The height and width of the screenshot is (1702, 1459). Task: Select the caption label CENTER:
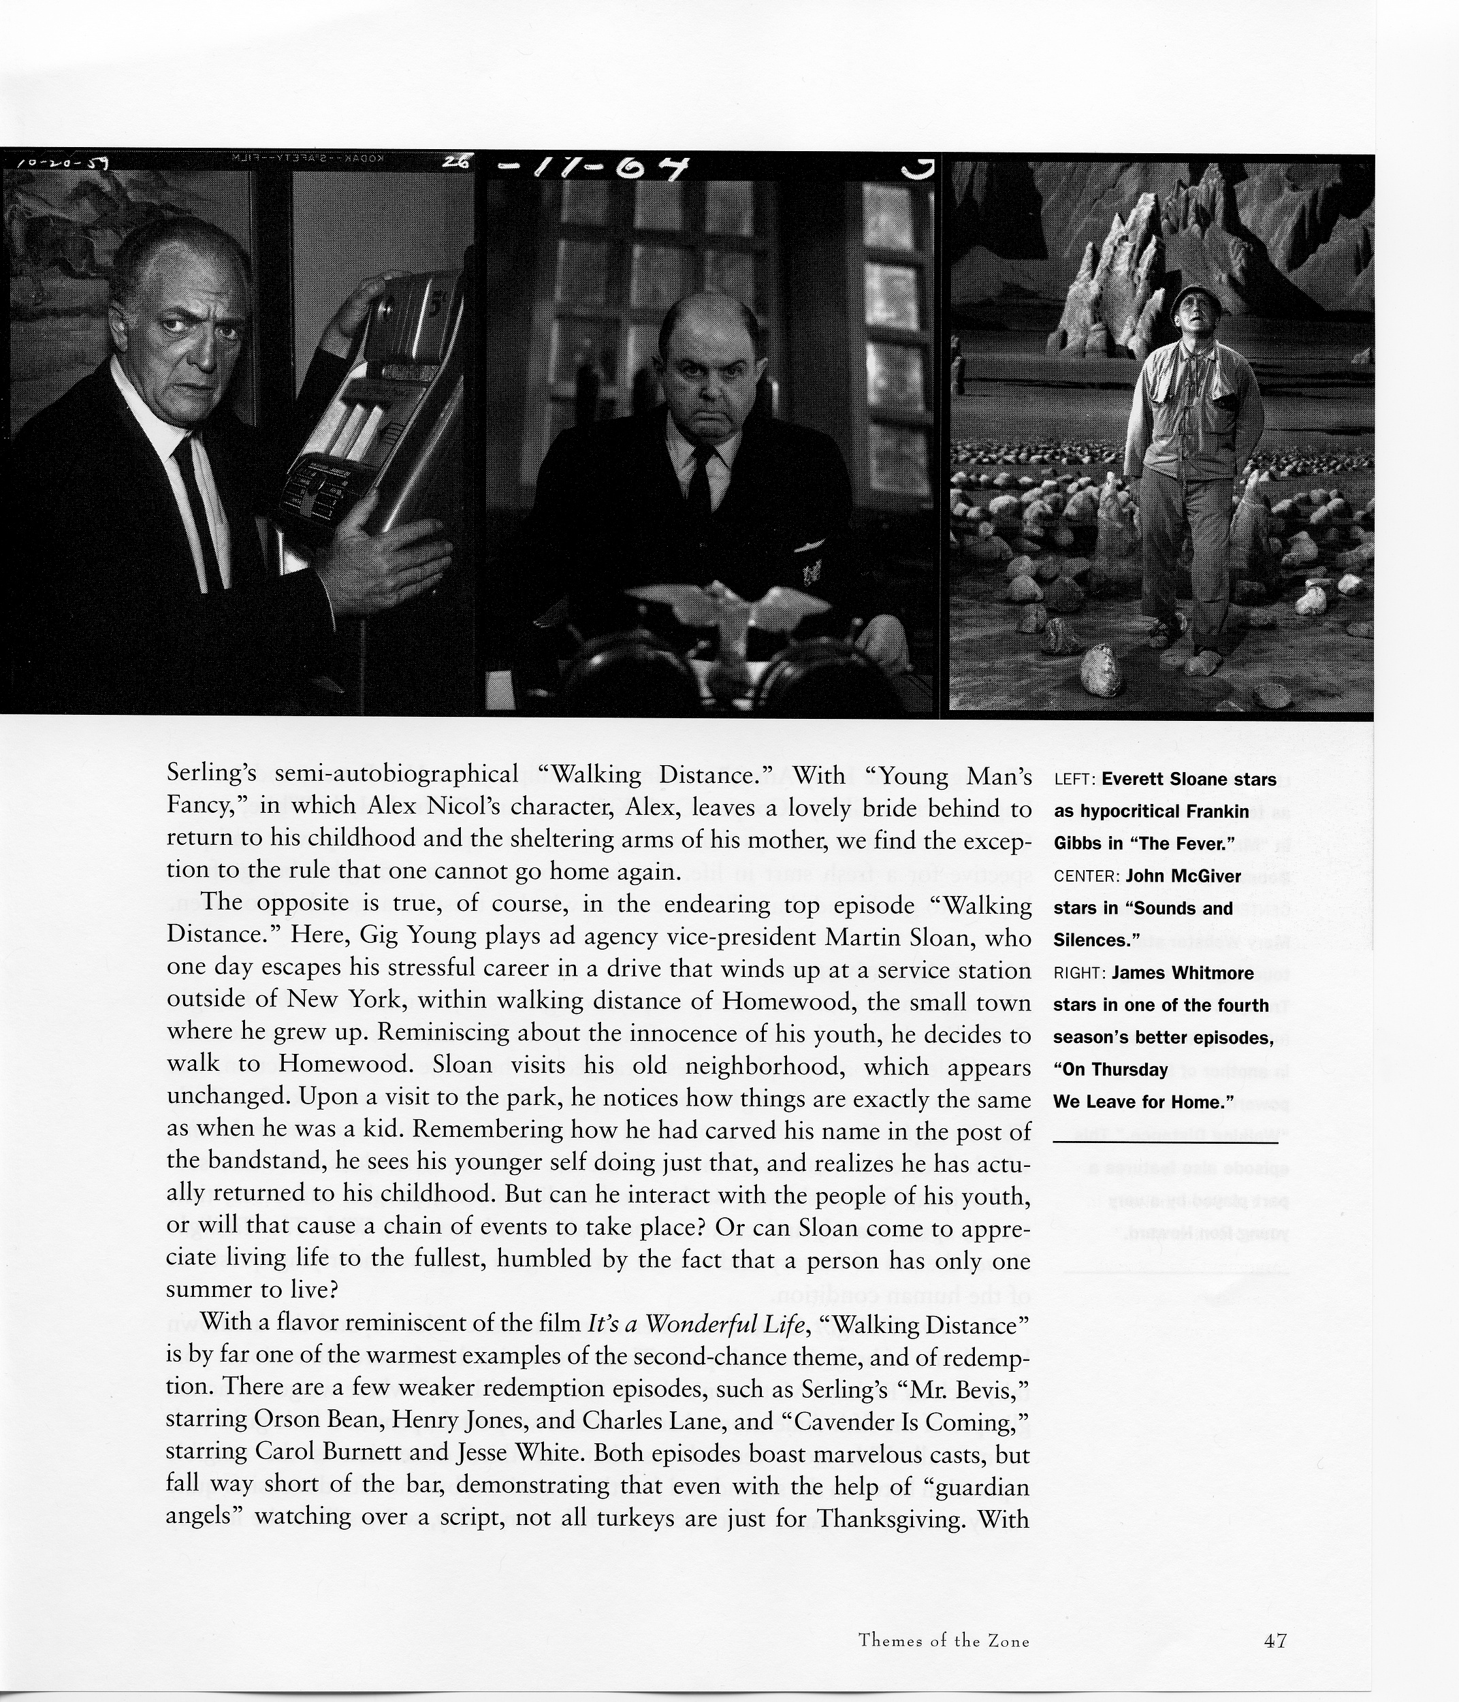pyautogui.click(x=1086, y=876)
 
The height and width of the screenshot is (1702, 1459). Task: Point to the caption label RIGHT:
pyautogui.click(x=1080, y=974)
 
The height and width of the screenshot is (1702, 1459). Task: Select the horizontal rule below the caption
pyautogui.click(x=1165, y=1142)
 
